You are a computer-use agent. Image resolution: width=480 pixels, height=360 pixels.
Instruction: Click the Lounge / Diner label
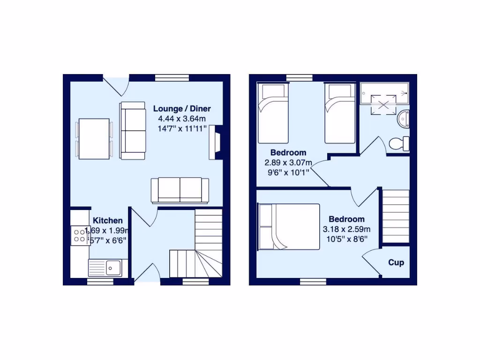182,108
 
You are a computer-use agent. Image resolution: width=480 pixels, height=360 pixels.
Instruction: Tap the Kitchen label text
108,220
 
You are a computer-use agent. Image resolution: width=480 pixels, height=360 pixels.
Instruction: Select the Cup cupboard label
396,262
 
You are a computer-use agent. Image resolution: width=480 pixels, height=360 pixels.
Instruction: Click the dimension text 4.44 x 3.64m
182,119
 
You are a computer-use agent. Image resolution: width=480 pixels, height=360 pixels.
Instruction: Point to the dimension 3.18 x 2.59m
346,229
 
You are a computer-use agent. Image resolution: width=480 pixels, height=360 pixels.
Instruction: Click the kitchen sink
112,268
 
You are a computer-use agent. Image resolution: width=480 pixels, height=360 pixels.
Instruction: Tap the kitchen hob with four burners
80,235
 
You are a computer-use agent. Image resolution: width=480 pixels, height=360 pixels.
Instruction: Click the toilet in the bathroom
399,144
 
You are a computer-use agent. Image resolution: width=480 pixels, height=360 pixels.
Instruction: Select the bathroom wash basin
403,119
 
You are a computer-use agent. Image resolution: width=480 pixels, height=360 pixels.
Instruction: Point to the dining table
94,139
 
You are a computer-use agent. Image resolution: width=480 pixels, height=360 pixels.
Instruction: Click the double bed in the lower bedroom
289,226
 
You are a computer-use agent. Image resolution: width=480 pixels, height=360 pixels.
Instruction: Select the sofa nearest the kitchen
180,190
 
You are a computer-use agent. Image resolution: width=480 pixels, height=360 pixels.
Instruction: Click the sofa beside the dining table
133,131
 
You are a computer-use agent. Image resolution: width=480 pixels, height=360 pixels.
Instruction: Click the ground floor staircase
202,253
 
